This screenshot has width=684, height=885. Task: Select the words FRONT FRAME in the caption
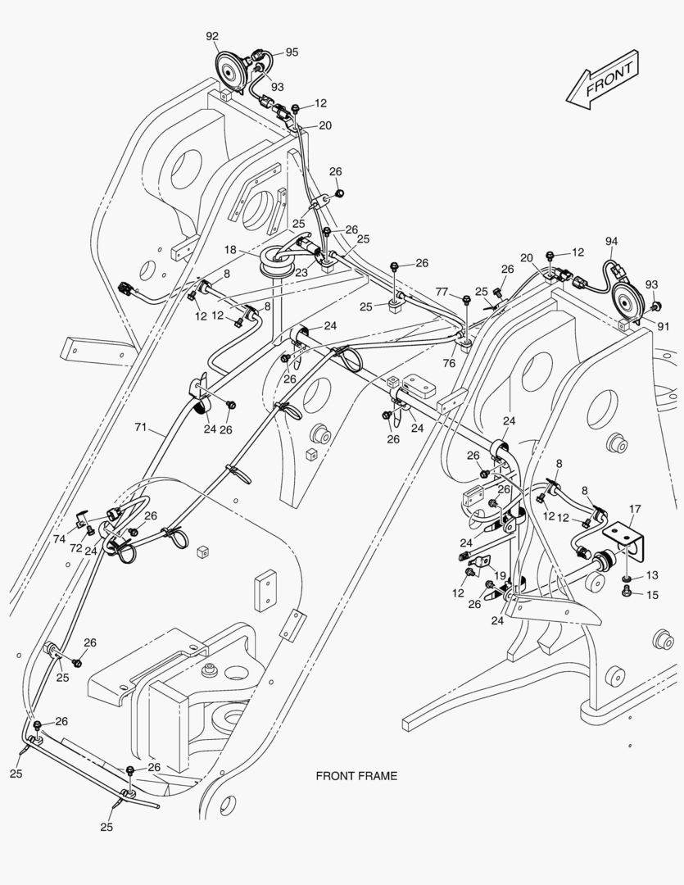point(356,775)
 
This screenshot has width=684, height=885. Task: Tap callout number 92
point(212,36)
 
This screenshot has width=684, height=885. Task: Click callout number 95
point(292,52)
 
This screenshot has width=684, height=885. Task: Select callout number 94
point(611,241)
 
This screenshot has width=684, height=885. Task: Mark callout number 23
point(303,273)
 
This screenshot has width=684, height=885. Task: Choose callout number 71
point(141,427)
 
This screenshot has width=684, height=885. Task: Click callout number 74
point(59,539)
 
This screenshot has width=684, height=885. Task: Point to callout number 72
point(75,547)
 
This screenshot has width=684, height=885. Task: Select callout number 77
point(442,291)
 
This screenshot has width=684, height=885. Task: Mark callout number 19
point(500,576)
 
